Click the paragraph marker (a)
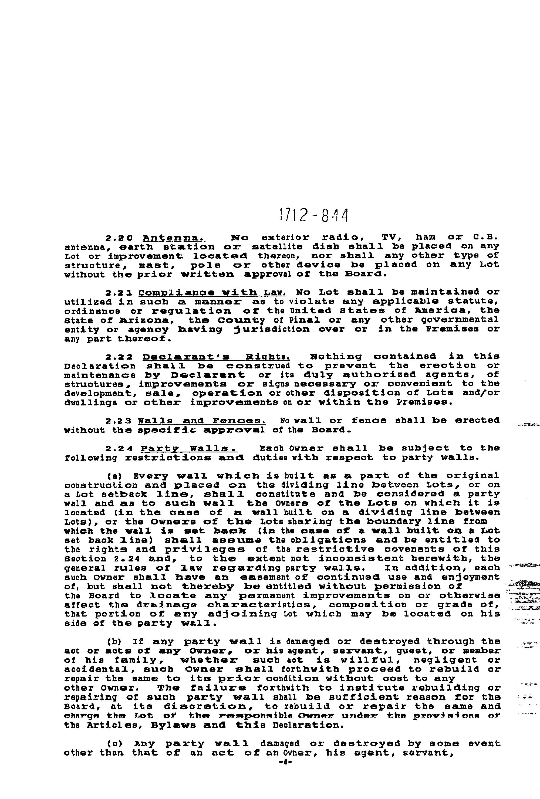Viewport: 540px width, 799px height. point(113,476)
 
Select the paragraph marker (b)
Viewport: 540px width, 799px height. point(113,642)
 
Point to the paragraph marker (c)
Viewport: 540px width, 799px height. point(113,744)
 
